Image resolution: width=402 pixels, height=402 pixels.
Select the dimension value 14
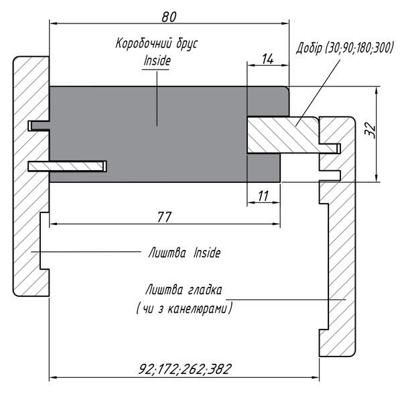click(x=267, y=58)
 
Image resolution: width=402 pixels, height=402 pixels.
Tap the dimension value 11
click(x=263, y=196)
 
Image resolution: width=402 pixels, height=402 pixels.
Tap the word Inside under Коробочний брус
click(x=157, y=60)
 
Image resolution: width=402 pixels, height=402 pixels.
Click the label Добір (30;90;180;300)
click(x=346, y=49)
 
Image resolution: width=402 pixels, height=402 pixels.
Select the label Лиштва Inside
click(x=184, y=253)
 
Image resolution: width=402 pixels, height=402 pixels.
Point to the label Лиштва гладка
click(x=184, y=291)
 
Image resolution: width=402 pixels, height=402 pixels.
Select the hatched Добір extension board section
click(x=281, y=135)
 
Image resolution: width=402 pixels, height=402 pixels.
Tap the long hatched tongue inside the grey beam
click(x=74, y=165)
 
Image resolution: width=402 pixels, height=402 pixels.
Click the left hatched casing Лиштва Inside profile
click(x=30, y=201)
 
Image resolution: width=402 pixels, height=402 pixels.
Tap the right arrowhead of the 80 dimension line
click(x=286, y=23)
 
